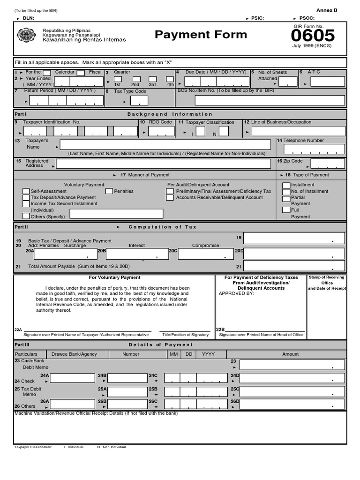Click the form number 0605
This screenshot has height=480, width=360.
(x=313, y=36)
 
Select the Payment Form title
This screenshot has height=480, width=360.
(x=201, y=35)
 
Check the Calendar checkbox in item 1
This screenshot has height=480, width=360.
(x=47, y=73)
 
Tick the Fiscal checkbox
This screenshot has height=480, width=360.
(x=81, y=73)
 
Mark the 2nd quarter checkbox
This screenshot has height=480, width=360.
(x=136, y=79)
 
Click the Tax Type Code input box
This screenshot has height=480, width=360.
(x=139, y=100)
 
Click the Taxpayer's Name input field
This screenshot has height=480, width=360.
(x=165, y=144)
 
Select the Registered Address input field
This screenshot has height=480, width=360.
(x=163, y=164)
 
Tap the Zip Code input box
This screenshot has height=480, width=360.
(x=328, y=164)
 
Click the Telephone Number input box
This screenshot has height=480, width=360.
(x=315, y=149)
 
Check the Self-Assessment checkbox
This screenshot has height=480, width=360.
(x=26, y=191)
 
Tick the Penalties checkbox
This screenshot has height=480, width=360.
(x=109, y=191)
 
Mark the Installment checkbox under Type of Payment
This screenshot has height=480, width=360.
(x=286, y=185)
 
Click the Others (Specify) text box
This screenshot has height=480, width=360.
(x=116, y=214)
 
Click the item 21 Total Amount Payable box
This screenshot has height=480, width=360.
(x=294, y=266)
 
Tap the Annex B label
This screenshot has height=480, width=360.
(x=326, y=10)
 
